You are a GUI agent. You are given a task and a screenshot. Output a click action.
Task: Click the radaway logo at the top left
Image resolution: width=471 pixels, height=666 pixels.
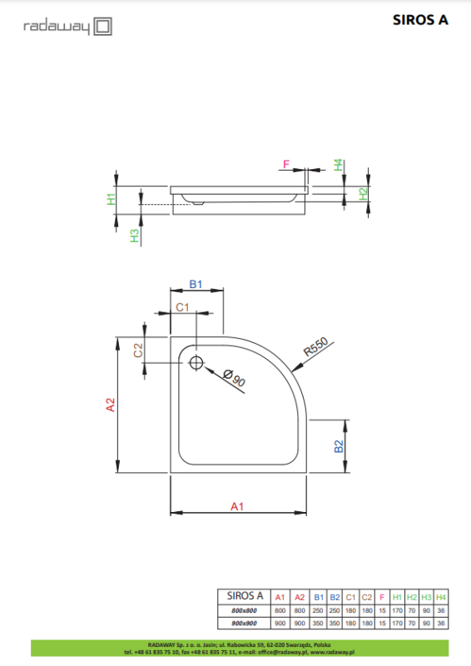[x=67, y=27]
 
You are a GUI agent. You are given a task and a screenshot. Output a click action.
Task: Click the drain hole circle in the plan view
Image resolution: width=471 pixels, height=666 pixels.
[x=196, y=362]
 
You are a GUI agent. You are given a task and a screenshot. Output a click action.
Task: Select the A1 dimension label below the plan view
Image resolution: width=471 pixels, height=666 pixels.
[x=237, y=505]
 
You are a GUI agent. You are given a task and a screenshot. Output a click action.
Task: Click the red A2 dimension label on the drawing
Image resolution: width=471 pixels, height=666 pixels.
[x=110, y=405]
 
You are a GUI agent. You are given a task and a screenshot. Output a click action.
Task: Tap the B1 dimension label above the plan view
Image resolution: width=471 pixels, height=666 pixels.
[x=196, y=284]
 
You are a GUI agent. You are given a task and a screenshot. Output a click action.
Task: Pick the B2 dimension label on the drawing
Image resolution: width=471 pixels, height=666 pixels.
[x=340, y=446]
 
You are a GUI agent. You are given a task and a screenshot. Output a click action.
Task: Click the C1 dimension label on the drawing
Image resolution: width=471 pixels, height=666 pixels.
[x=183, y=308]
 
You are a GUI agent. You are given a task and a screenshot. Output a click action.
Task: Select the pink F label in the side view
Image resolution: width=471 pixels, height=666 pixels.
[x=286, y=165]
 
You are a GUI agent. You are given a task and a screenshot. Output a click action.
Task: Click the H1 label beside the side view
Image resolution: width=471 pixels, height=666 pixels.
[x=111, y=198]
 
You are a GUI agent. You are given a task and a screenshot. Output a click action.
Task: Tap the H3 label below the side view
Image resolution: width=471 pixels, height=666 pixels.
[x=134, y=236]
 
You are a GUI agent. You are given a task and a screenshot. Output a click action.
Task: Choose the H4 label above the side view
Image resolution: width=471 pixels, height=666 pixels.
[x=339, y=164]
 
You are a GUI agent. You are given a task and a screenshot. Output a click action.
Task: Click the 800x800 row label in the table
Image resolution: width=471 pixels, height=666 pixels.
[x=244, y=611]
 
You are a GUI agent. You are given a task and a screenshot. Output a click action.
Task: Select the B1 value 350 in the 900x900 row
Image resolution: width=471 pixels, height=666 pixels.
[x=319, y=624]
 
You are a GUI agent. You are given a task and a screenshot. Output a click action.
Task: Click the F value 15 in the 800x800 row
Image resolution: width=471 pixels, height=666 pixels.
[x=381, y=611]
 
